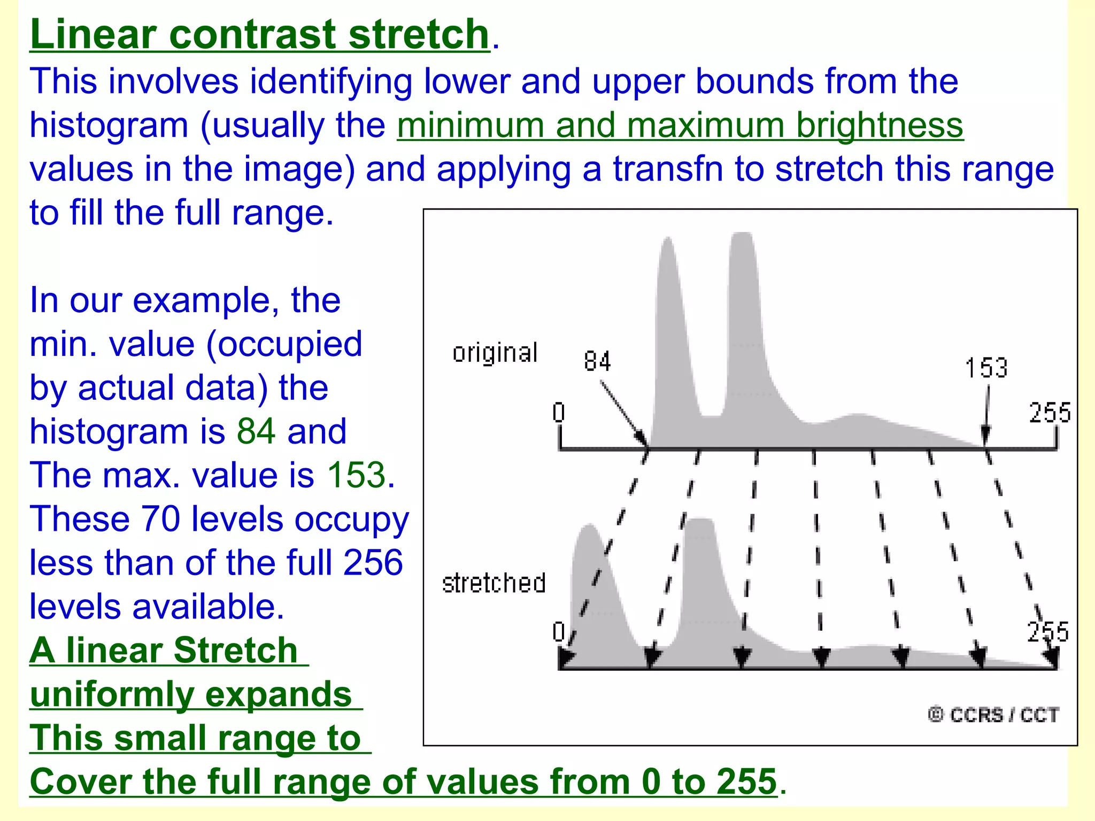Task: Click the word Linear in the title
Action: point(93,34)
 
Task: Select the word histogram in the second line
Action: point(109,126)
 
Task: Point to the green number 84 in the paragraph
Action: point(256,431)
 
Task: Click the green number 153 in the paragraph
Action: point(356,475)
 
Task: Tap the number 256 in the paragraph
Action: point(373,563)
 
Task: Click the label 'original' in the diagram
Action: point(495,353)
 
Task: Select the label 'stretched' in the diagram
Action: point(493,583)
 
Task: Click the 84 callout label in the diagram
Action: point(597,361)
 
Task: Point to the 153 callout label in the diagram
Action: point(986,368)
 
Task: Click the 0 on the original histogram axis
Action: point(559,413)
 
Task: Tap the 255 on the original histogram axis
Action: point(1050,413)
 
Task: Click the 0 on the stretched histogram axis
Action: point(559,632)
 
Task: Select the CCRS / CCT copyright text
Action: point(993,715)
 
